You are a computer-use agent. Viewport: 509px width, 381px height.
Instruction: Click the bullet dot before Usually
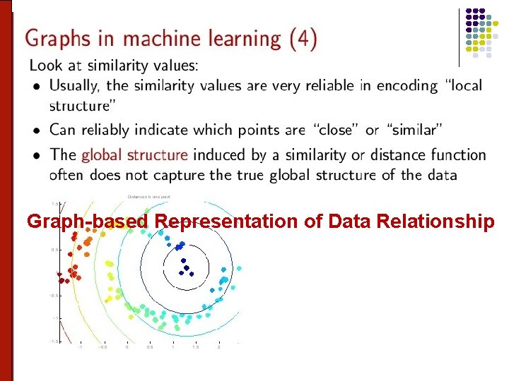[x=37, y=87]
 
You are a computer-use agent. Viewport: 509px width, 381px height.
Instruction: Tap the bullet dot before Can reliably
[x=37, y=131]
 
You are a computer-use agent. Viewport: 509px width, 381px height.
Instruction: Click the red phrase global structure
[x=135, y=155]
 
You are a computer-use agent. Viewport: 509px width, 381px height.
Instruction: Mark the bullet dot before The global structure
[x=37, y=155]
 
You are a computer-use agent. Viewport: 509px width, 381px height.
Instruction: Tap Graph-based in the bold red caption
[x=88, y=222]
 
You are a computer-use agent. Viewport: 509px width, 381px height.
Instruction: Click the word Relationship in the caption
[x=435, y=222]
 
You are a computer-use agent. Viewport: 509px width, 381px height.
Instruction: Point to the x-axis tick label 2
[x=218, y=347]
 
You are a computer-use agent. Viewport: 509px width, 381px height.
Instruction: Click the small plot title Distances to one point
[x=148, y=197]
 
